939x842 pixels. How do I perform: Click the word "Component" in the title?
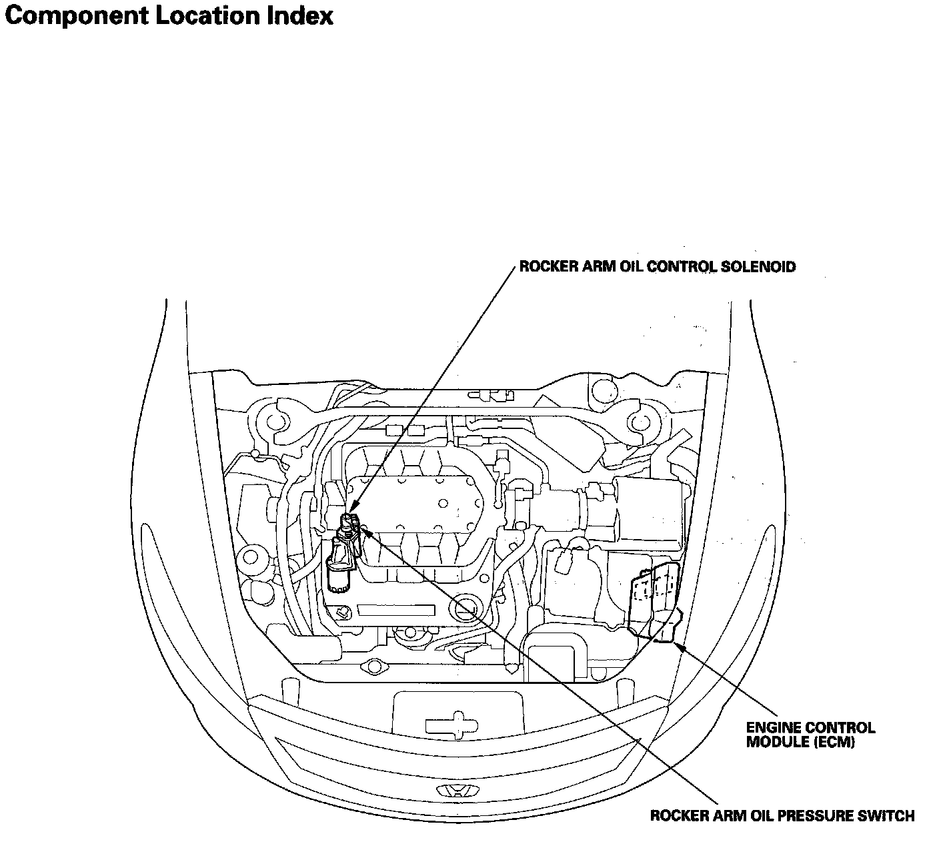point(75,16)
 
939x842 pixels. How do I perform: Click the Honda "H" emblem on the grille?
point(457,791)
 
